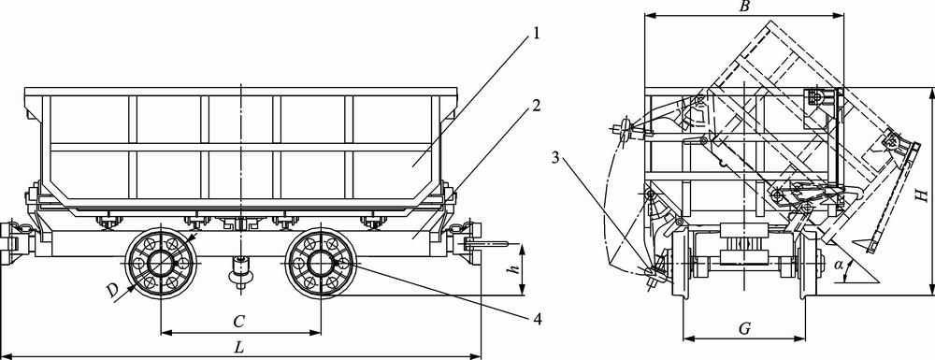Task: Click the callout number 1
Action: [536, 34]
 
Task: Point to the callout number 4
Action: [538, 320]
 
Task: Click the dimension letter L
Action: [239, 348]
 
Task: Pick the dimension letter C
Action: [239, 322]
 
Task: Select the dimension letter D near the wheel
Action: [111, 291]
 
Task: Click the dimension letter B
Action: [743, 7]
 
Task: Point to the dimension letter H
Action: [924, 194]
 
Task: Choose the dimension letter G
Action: [743, 328]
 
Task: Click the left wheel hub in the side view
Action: [161, 262]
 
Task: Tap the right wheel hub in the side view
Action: [321, 262]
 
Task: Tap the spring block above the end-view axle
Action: [743, 244]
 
